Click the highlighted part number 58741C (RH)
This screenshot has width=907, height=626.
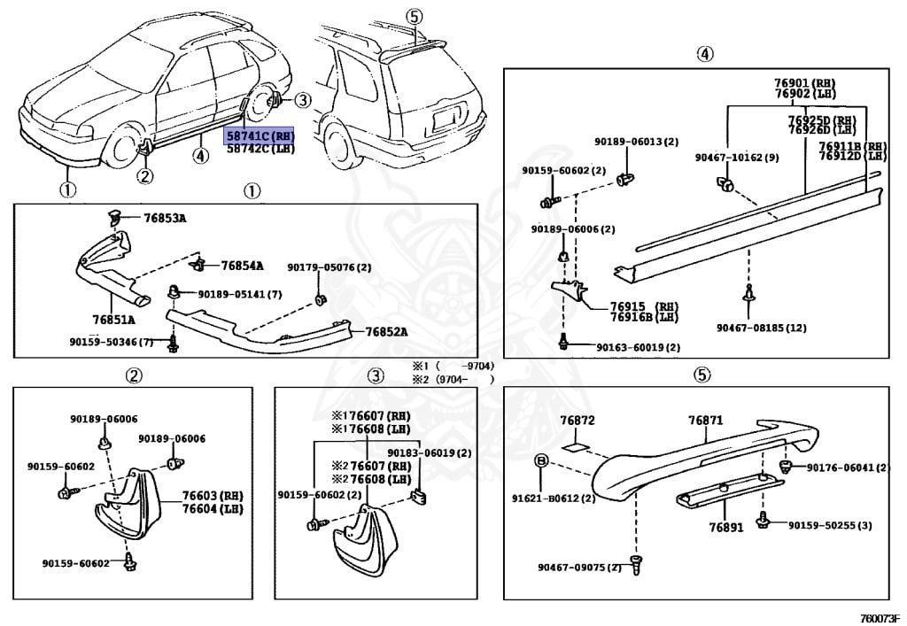259,136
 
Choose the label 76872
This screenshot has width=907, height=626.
577,420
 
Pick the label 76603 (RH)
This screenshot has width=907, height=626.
212,497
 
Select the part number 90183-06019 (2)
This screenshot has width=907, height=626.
442,452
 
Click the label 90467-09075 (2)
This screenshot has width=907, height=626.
578,568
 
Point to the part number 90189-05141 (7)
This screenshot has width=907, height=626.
239,294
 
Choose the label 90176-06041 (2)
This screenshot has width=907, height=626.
847,468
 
